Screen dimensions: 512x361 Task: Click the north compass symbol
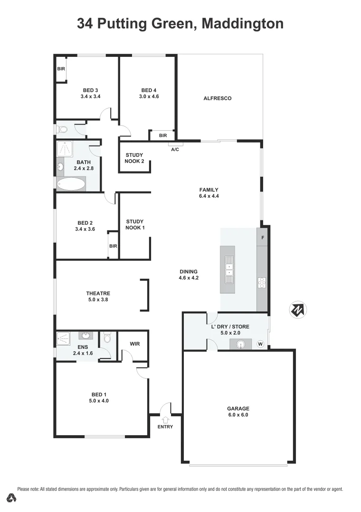[x=298, y=310]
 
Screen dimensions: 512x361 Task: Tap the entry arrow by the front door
[x=166, y=419]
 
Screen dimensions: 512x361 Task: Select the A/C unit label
[x=175, y=149]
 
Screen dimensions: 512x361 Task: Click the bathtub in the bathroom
[x=70, y=184]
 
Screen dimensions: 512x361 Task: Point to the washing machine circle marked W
[x=260, y=344]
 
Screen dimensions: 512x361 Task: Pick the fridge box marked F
[x=262, y=237]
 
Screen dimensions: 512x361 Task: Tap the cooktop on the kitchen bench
[x=262, y=283]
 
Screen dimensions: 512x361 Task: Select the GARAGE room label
[x=238, y=409]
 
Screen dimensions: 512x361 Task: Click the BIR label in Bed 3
[x=61, y=69]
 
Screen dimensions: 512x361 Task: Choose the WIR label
[x=134, y=344]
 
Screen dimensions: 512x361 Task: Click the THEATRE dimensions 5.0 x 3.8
[x=98, y=300]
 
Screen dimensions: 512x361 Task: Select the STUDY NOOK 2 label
[x=134, y=158]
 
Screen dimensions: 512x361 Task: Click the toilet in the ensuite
[x=107, y=338]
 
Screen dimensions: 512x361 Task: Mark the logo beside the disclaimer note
[x=11, y=497]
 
